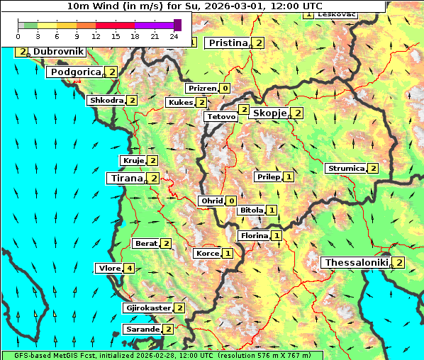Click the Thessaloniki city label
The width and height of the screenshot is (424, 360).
click(356, 263)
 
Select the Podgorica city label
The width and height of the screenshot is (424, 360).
click(76, 72)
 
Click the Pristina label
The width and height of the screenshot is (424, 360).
click(228, 43)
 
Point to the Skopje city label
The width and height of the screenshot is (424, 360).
click(269, 113)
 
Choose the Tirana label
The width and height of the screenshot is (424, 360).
click(125, 179)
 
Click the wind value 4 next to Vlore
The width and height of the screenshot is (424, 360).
click(129, 269)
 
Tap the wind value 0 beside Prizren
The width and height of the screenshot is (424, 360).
click(225, 89)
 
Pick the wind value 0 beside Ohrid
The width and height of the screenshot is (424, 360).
click(231, 201)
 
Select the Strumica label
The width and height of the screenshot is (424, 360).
click(345, 169)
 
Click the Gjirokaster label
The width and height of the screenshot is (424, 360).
click(147, 308)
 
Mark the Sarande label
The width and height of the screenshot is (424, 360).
click(142, 330)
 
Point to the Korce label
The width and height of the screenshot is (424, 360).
click(207, 254)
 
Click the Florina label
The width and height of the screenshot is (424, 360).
click(254, 235)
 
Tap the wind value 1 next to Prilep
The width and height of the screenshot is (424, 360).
click(289, 176)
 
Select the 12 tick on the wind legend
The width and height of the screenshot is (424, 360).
click(96, 36)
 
